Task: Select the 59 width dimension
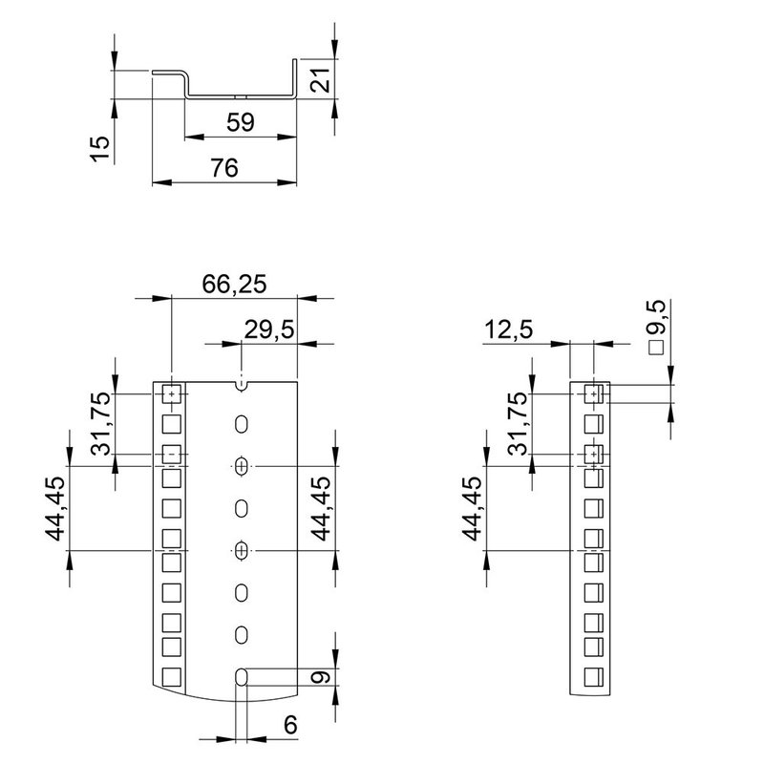click(241, 122)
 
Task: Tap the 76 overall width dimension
click(223, 167)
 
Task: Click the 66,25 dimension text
click(234, 284)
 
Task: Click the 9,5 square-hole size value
click(657, 314)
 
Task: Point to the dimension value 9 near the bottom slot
click(322, 677)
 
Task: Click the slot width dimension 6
click(288, 725)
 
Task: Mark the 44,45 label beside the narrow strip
click(475, 507)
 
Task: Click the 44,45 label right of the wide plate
click(322, 507)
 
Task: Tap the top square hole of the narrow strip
click(593, 393)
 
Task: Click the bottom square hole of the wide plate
click(171, 677)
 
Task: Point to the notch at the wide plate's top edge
click(243, 385)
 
